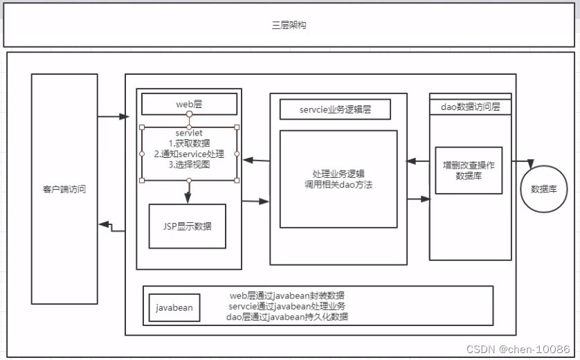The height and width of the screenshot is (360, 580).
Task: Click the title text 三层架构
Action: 289,26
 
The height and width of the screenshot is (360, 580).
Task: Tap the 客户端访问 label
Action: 64,189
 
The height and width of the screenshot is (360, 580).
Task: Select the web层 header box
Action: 189,104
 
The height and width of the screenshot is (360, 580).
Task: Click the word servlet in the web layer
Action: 189,133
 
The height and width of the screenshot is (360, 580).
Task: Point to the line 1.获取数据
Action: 189,143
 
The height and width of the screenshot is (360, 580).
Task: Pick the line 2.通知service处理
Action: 189,154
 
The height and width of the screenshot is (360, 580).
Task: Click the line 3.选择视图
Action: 189,165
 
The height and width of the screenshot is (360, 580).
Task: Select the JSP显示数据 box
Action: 188,226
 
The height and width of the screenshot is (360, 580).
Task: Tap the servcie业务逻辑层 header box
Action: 335,109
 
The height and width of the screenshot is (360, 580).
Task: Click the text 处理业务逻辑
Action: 338,174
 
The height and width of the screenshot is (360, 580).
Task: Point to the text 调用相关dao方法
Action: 338,185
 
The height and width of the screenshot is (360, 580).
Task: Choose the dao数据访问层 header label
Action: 471,107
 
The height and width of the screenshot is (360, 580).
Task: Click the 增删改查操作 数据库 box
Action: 469,170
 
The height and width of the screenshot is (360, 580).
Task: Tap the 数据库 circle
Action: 544,188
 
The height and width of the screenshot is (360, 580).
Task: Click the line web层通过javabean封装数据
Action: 287,296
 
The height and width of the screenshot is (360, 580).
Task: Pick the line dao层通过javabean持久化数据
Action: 287,316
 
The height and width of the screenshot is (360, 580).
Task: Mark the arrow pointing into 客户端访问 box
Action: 111,224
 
